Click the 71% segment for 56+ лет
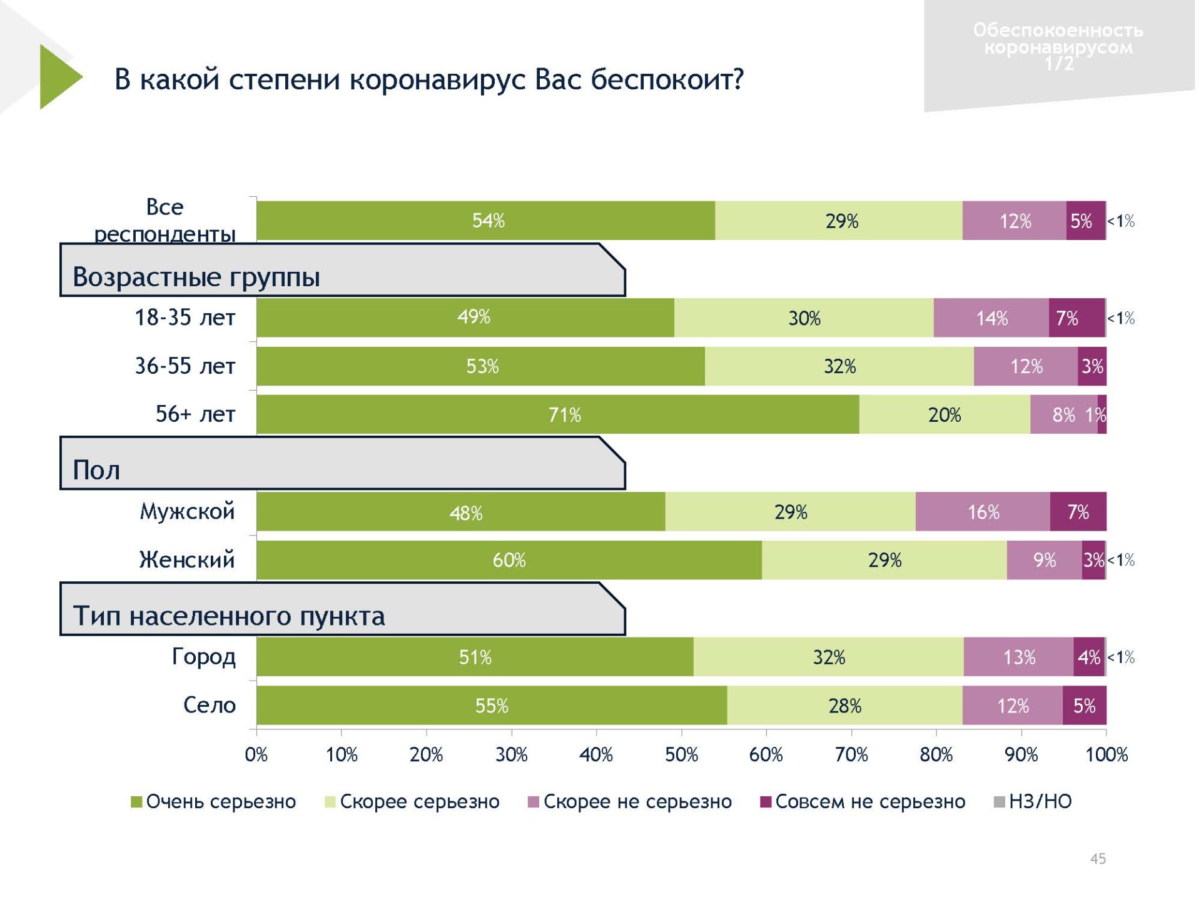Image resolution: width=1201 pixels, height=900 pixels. pyautogui.click(x=557, y=414)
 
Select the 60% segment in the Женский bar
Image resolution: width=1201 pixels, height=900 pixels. pyautogui.click(x=509, y=560)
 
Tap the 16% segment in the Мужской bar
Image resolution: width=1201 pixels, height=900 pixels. pyautogui.click(x=983, y=512)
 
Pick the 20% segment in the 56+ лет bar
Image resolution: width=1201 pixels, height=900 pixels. pyautogui.click(x=945, y=414)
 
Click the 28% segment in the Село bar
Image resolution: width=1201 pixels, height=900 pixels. pyautogui.click(x=844, y=706)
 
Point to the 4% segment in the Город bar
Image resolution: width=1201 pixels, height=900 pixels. pyautogui.click(x=1088, y=657)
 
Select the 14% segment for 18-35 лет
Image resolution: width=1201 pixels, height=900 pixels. pyautogui.click(x=991, y=318)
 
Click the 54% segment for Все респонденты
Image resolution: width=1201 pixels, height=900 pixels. pyautogui.click(x=486, y=221)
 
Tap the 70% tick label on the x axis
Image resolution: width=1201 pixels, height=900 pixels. pyautogui.click(x=851, y=755)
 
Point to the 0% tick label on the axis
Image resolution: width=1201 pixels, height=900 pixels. pyautogui.click(x=256, y=755)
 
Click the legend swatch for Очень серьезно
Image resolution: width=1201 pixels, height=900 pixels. pyautogui.click(x=136, y=802)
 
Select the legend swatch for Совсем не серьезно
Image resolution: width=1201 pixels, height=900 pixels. pyautogui.click(x=765, y=802)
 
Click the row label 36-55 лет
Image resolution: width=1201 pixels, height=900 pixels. pyautogui.click(x=185, y=366)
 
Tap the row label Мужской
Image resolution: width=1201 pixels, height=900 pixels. pyautogui.click(x=187, y=511)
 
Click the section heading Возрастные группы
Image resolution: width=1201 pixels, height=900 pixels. pyautogui.click(x=196, y=277)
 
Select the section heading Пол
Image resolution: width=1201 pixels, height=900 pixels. pyautogui.click(x=96, y=470)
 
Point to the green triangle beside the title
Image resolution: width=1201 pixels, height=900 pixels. pyautogui.click(x=58, y=77)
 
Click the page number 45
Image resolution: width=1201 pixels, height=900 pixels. pyautogui.click(x=1098, y=859)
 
